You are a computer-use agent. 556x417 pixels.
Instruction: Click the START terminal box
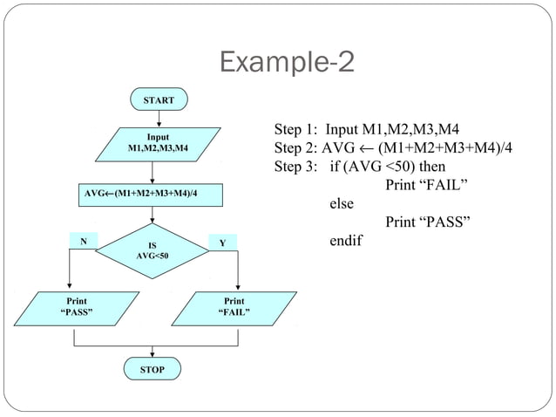click(x=158, y=100)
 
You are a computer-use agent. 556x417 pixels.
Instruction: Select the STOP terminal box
click(x=153, y=370)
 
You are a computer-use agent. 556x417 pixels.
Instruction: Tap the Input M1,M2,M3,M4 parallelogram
click(x=158, y=143)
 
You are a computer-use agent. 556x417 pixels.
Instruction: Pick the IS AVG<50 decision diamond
click(x=152, y=250)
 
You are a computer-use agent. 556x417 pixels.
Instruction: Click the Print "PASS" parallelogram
click(x=77, y=306)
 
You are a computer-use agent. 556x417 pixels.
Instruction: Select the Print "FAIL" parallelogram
click(x=234, y=306)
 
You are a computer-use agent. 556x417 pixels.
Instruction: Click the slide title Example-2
click(x=287, y=64)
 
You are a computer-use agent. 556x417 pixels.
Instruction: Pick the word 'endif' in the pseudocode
click(x=345, y=240)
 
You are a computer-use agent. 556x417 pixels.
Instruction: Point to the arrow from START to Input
click(x=158, y=120)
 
